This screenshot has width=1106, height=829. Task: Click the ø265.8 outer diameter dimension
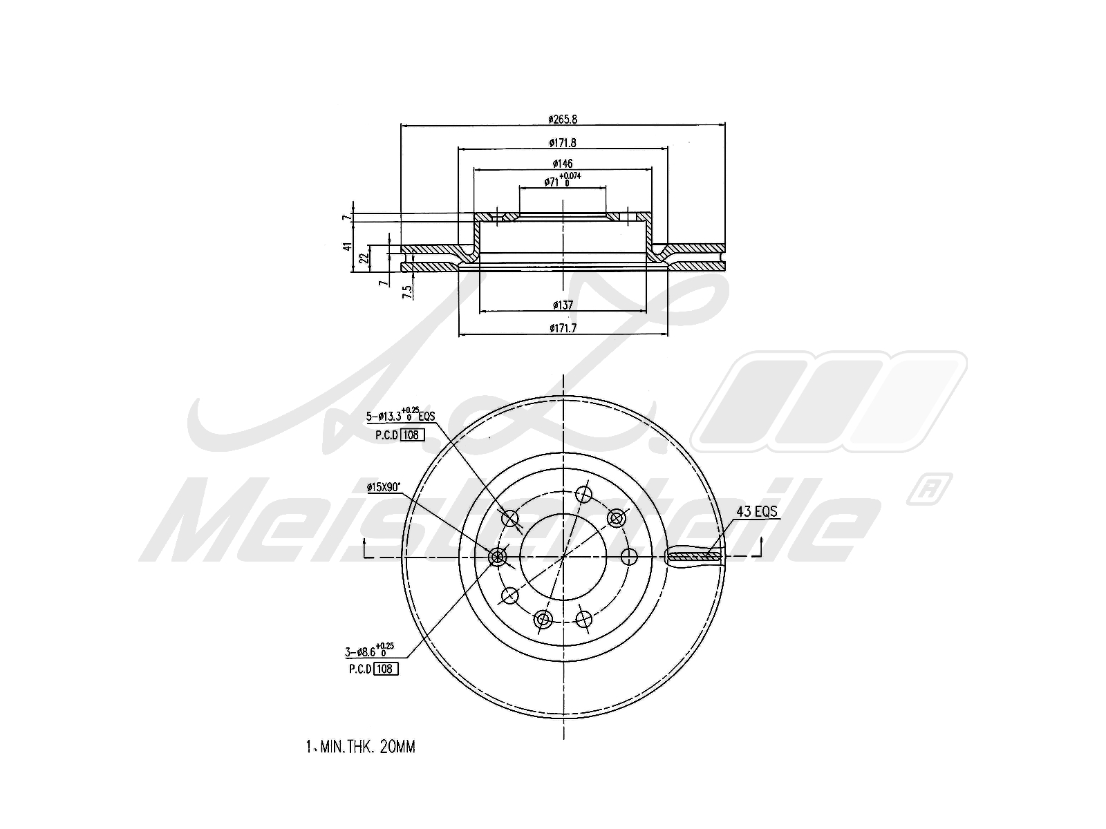click(563, 119)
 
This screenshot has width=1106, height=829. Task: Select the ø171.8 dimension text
click(563, 143)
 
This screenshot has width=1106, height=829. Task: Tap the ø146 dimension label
click(563, 164)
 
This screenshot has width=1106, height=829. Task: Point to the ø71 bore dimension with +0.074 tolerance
click(562, 182)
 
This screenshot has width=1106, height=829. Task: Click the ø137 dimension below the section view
click(563, 305)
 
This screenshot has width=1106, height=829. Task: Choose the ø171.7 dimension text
click(563, 328)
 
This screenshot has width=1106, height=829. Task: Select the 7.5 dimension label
click(408, 292)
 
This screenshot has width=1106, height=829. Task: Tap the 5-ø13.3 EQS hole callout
click(400, 416)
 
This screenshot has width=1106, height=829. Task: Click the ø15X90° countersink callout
click(384, 487)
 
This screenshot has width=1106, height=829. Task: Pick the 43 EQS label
click(756, 512)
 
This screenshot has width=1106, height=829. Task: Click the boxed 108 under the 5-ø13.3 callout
click(412, 435)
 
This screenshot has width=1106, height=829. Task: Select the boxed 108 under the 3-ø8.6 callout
click(386, 669)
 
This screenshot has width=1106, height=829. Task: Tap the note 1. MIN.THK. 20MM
click(360, 747)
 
